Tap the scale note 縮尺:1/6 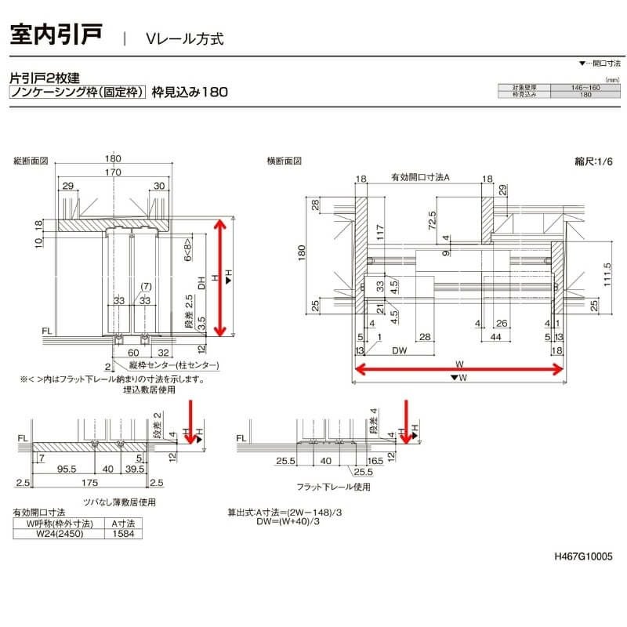[x=592, y=161]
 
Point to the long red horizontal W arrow [x=462, y=370]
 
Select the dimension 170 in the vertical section [x=113, y=172]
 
